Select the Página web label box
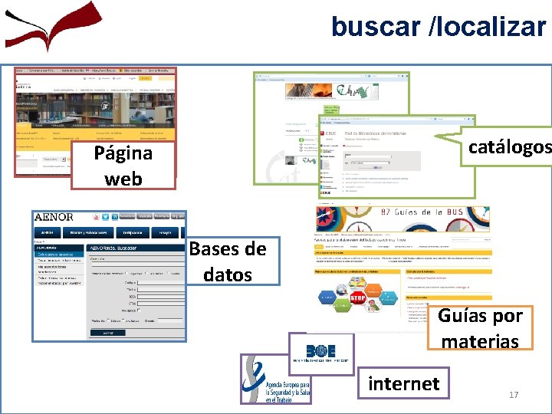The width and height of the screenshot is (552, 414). coord(123,166)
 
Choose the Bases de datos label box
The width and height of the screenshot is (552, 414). coord(228,261)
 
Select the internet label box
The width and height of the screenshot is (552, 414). coord(404,383)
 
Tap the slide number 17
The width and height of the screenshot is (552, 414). coord(514,395)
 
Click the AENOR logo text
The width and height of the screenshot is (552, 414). coord(54,218)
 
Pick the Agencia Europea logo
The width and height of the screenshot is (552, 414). coord(274,379)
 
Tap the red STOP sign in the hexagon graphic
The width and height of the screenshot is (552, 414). coord(357,297)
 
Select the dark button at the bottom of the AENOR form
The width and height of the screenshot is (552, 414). coord(108,333)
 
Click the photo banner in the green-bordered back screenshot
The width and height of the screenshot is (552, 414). coord(303,90)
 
